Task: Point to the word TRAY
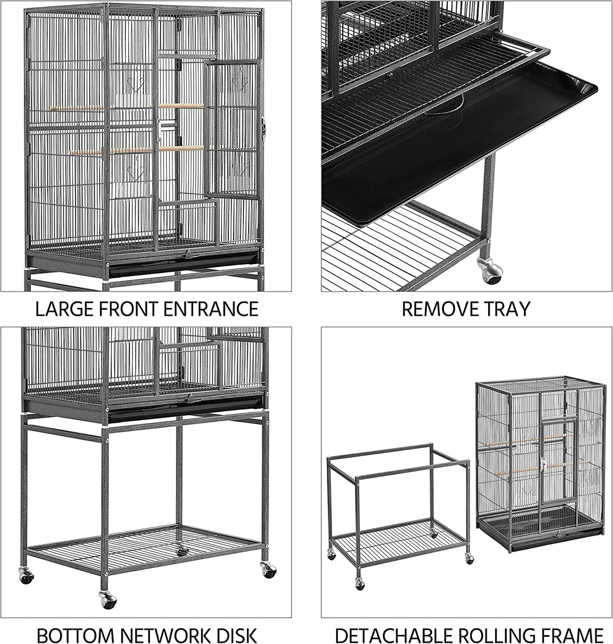pos(506,309)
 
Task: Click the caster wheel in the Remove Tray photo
pos(491,271)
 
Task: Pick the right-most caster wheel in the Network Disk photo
pos(268,570)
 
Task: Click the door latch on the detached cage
pos(543,465)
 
